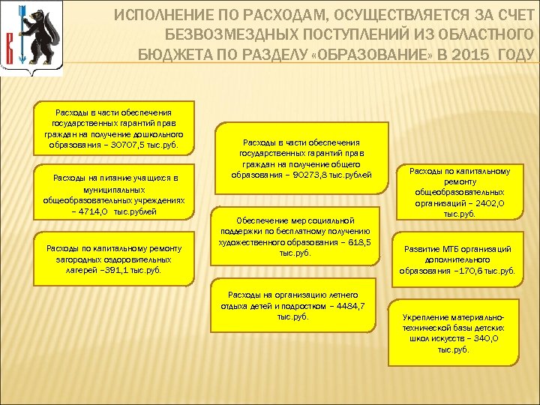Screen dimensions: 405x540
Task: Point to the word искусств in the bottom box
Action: point(453,339)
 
